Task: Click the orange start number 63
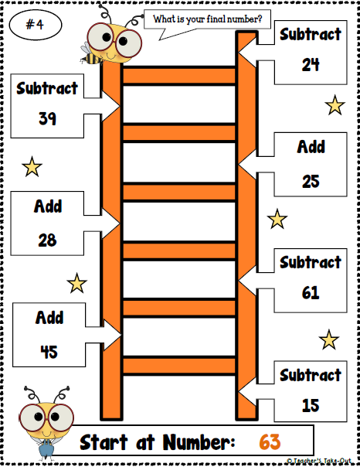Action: (x=269, y=441)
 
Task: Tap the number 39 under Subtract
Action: (x=47, y=118)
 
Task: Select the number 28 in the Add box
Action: (x=47, y=240)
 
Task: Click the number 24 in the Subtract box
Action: (x=311, y=65)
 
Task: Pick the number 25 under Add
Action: (x=311, y=181)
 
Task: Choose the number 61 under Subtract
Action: (x=311, y=293)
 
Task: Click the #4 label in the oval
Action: (x=34, y=24)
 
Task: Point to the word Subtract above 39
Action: (x=47, y=88)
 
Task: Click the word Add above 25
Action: (x=311, y=147)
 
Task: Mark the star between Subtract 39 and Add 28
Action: (x=32, y=165)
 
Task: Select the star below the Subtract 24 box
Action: (x=335, y=104)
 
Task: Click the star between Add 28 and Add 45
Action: (x=76, y=284)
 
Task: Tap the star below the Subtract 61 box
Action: (x=329, y=339)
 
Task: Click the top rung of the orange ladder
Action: (x=179, y=75)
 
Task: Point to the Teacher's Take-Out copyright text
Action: (x=322, y=461)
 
